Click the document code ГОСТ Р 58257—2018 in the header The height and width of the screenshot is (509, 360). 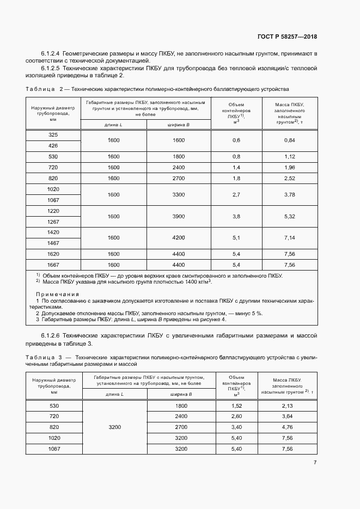[287, 37]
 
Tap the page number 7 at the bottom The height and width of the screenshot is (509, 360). [315, 463]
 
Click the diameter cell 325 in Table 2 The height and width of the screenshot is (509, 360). [53, 134]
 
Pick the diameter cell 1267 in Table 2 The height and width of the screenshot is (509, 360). [53, 222]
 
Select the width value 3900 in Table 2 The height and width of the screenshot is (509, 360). [179, 216]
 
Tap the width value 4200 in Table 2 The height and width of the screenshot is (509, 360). [179, 238]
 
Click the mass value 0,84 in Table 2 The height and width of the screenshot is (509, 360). [289, 140]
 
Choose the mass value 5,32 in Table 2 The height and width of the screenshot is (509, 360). [289, 216]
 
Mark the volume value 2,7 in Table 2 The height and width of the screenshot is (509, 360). [236, 194]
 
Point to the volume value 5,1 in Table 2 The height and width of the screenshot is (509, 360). [236, 238]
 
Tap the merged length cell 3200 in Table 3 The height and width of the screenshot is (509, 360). [114, 427]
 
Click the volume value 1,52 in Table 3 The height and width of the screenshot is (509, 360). [236, 406]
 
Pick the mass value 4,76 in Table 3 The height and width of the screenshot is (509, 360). [287, 427]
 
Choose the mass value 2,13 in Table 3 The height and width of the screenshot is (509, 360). [287, 406]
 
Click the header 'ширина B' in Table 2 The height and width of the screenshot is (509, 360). [179, 125]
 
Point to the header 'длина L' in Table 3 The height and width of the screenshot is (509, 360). [114, 393]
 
